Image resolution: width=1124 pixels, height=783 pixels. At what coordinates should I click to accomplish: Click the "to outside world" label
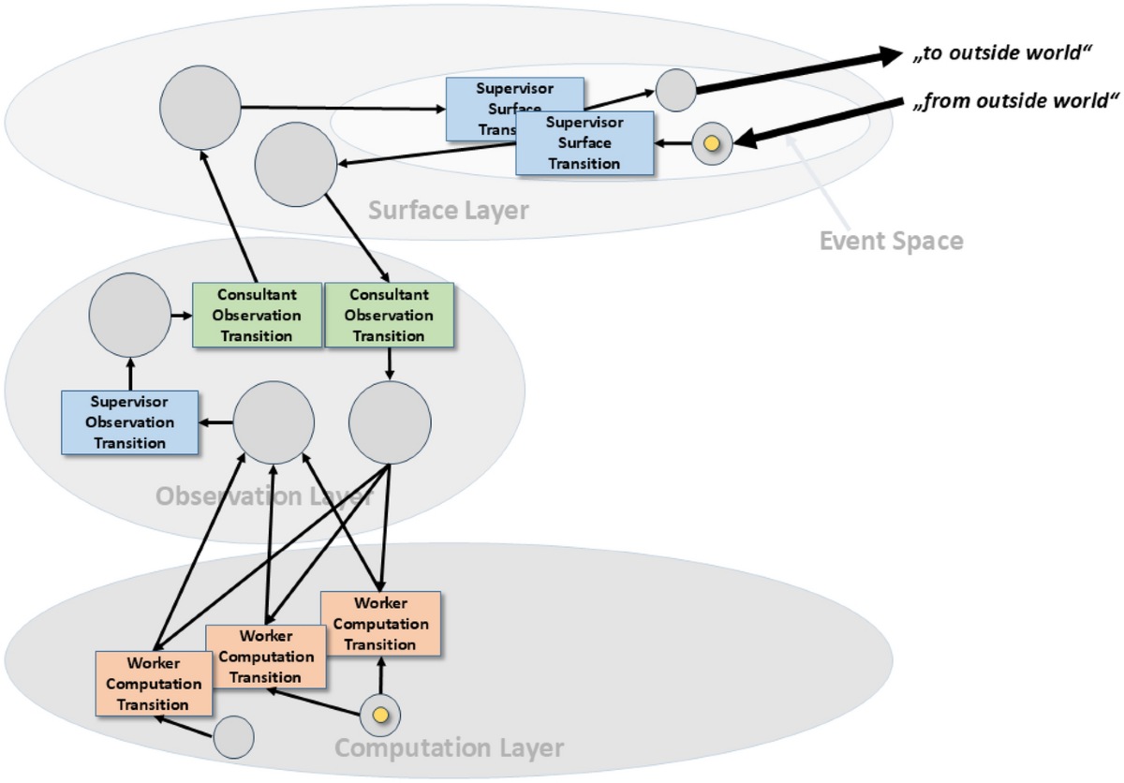(x=1002, y=54)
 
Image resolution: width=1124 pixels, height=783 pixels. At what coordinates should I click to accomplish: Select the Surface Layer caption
(x=448, y=210)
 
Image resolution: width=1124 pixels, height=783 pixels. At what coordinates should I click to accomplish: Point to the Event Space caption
(x=891, y=241)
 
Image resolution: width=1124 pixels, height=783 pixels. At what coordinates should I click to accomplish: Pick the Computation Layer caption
(x=449, y=748)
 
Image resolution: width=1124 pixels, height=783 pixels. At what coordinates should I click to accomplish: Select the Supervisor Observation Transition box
(x=130, y=422)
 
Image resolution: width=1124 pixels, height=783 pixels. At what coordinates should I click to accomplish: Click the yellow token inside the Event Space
(x=711, y=144)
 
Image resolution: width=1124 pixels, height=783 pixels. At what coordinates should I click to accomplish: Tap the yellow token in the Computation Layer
(x=380, y=716)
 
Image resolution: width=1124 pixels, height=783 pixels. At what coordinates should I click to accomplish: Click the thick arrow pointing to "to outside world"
(x=796, y=70)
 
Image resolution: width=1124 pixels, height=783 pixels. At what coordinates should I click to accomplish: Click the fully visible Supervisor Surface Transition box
(x=584, y=143)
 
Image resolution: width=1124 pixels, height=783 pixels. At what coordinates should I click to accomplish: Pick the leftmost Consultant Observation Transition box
(x=257, y=315)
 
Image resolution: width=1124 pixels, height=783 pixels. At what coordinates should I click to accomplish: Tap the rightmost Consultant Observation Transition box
(x=389, y=315)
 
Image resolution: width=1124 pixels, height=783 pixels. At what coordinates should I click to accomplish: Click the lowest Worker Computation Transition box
(x=154, y=684)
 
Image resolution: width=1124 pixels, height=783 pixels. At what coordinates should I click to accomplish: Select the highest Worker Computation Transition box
(x=380, y=624)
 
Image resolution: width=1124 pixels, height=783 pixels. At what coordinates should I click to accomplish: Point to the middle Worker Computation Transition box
(x=266, y=657)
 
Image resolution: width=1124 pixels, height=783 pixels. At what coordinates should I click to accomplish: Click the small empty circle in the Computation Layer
(x=233, y=737)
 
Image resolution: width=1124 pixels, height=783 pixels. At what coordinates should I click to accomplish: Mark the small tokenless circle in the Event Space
(x=675, y=91)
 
